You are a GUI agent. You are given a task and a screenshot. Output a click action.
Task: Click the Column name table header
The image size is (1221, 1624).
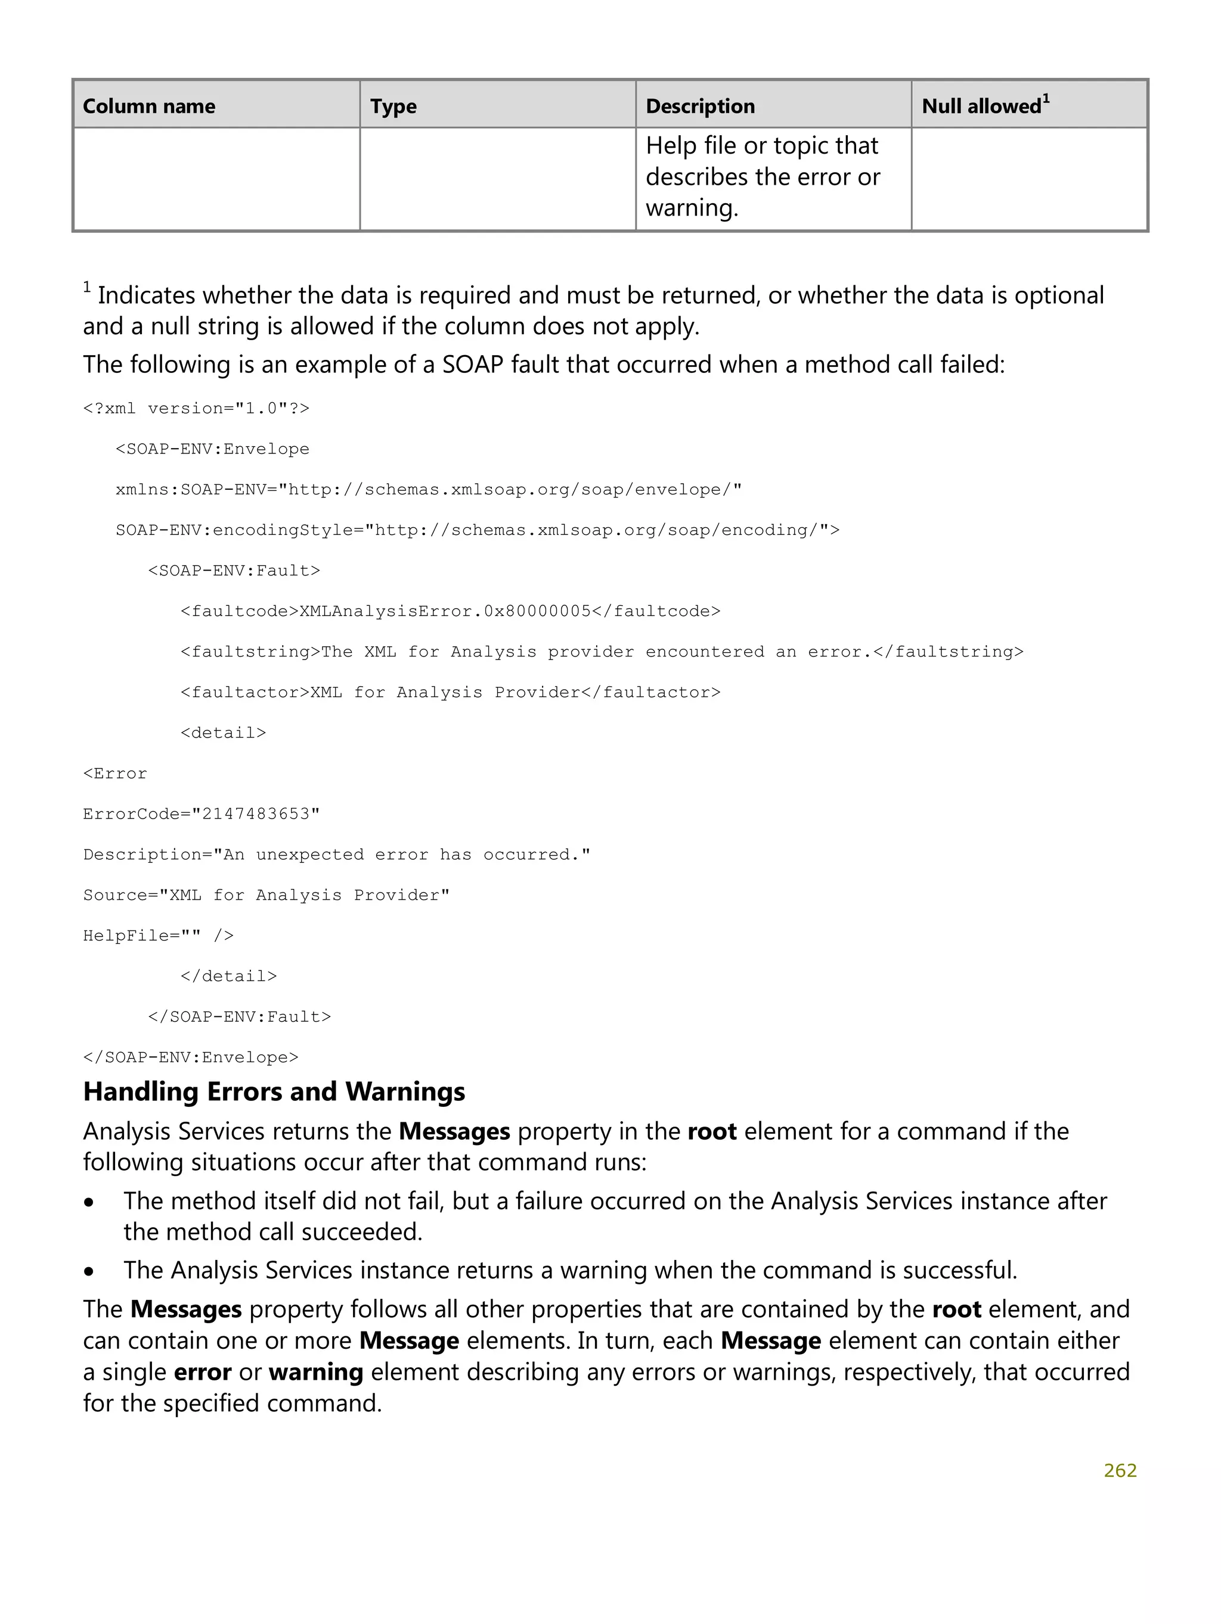click(x=148, y=107)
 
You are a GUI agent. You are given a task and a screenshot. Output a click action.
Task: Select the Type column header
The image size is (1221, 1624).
click(x=393, y=107)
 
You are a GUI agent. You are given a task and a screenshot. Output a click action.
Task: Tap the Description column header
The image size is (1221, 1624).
click(x=699, y=107)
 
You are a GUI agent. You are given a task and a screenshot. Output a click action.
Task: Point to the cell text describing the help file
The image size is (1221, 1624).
click(x=762, y=177)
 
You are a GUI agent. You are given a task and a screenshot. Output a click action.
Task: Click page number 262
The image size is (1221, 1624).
click(x=1120, y=1470)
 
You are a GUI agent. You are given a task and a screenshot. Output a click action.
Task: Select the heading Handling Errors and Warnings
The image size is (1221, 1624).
click(x=274, y=1092)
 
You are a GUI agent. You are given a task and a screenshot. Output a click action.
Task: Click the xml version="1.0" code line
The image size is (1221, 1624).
click(x=196, y=409)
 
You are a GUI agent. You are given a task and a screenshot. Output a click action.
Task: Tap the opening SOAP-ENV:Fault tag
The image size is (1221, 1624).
click(x=234, y=571)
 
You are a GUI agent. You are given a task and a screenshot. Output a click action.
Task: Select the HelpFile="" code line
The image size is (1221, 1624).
click(x=158, y=936)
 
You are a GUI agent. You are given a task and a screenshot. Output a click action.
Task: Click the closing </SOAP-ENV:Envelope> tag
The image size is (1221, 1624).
click(x=191, y=1058)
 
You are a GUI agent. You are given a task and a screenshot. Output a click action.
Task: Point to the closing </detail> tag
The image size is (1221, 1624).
click(x=228, y=976)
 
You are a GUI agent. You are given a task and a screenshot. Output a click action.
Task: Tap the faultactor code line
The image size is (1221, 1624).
click(x=450, y=693)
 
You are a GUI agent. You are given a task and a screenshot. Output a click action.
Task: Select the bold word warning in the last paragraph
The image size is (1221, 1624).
click(x=316, y=1372)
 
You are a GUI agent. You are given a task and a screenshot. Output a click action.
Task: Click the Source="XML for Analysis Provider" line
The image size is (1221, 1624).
click(x=266, y=895)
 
